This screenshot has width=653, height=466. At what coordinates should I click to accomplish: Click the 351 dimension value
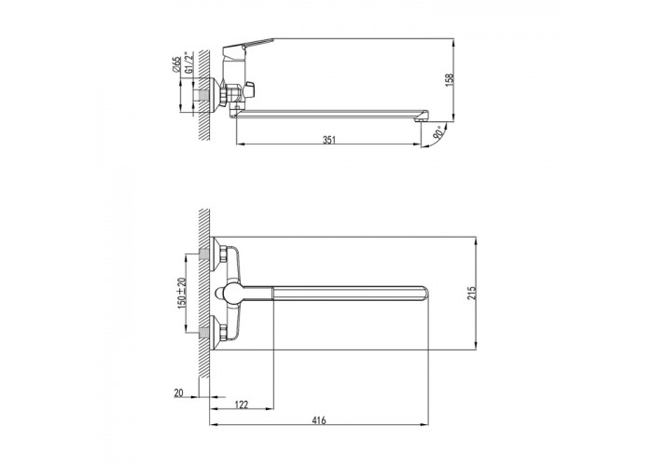pyautogui.click(x=329, y=140)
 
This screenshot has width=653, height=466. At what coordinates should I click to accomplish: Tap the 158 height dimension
pyautogui.click(x=450, y=80)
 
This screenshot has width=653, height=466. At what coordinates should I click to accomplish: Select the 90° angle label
pyautogui.click(x=438, y=134)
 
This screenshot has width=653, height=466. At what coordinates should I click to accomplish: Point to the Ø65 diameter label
pyautogui.click(x=176, y=64)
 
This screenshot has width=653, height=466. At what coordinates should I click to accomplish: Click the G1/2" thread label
pyautogui.click(x=189, y=62)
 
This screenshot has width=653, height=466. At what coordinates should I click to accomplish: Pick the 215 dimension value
pyautogui.click(x=471, y=294)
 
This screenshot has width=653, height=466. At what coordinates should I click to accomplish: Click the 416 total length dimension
pyautogui.click(x=319, y=420)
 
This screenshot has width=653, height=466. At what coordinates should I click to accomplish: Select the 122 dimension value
pyautogui.click(x=242, y=404)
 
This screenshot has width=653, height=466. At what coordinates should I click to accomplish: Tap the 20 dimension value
pyautogui.click(x=179, y=392)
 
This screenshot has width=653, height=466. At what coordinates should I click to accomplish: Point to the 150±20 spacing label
pyautogui.click(x=181, y=293)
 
